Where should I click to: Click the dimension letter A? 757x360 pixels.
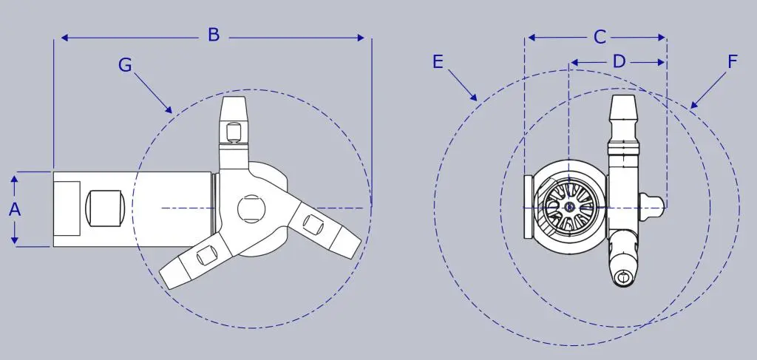(x=15, y=209)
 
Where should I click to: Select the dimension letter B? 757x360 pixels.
(x=214, y=35)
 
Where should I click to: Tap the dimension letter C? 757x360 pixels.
(x=599, y=37)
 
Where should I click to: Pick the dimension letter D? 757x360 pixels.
(x=619, y=62)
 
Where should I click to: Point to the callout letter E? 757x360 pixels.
(x=438, y=62)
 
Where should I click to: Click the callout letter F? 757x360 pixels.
(x=733, y=62)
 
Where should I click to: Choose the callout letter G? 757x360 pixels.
(x=125, y=64)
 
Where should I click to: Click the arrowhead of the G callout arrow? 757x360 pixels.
(x=169, y=109)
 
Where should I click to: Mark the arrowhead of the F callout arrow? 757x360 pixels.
(x=693, y=105)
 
